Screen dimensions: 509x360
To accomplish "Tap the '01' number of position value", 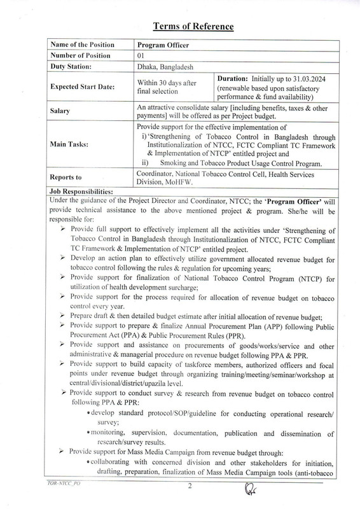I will (142, 55).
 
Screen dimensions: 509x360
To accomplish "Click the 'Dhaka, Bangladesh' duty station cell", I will (166, 66).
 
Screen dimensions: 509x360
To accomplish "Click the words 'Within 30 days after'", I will (168, 81).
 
